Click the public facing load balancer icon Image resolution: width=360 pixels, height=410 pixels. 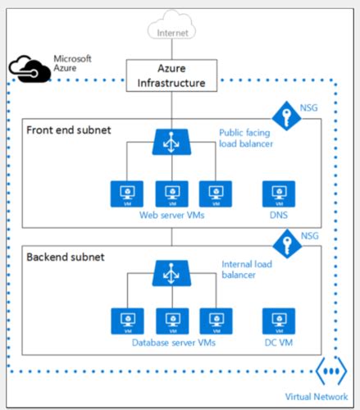[x=171, y=142]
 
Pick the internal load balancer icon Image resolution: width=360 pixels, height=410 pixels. [x=171, y=271]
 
